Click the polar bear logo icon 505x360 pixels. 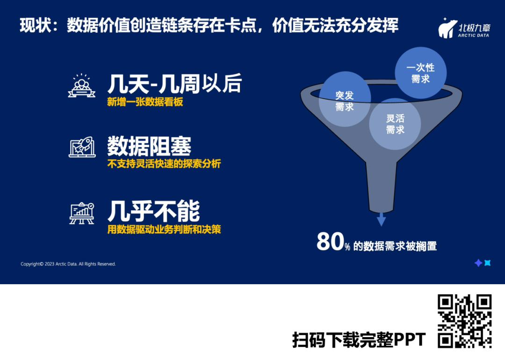pos(447,29)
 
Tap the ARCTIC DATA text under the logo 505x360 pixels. pos(473,36)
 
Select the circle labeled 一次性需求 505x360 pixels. pos(421,73)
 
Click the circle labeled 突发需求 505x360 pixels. pos(345,99)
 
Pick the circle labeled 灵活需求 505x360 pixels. pos(395,124)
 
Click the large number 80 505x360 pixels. pos(329,242)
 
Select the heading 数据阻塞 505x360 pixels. pos(149,146)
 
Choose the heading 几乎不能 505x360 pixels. pos(154,211)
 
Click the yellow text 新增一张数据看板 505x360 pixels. pos(145,102)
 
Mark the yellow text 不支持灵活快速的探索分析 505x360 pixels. pos(164,164)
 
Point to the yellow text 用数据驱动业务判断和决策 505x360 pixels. pos(164,229)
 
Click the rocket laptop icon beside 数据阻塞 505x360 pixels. pos(82,147)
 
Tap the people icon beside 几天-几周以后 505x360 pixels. pos(81,86)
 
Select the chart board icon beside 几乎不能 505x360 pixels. pos(82,213)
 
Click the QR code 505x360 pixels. pos(464,321)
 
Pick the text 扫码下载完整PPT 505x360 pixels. pos(359,340)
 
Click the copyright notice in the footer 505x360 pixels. pos(68,264)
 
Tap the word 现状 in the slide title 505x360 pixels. pos(35,25)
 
